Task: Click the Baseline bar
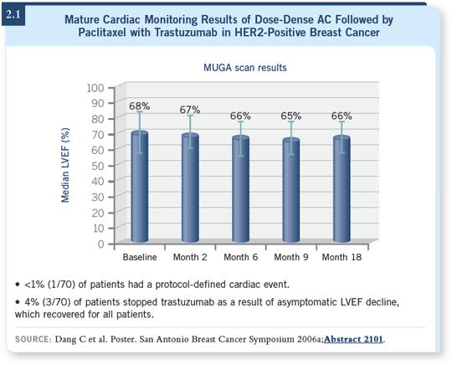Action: tap(140, 187)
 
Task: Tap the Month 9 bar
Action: tap(291, 190)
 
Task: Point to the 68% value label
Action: tap(140, 106)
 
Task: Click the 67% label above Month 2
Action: tap(190, 110)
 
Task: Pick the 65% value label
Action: tap(291, 116)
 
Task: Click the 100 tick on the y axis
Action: tap(95, 88)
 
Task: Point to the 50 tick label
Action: tap(98, 166)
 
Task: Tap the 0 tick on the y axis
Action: tap(100, 244)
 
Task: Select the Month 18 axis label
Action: tap(342, 257)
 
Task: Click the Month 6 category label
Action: tap(241, 257)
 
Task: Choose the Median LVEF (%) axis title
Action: tap(65, 165)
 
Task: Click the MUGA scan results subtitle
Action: tap(245, 68)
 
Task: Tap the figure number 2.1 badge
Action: tap(13, 14)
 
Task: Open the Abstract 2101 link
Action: tap(354, 339)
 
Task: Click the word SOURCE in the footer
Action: tap(33, 339)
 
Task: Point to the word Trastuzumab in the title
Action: tap(186, 33)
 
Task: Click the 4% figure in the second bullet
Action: tap(32, 302)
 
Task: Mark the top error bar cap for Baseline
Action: tap(140, 111)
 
